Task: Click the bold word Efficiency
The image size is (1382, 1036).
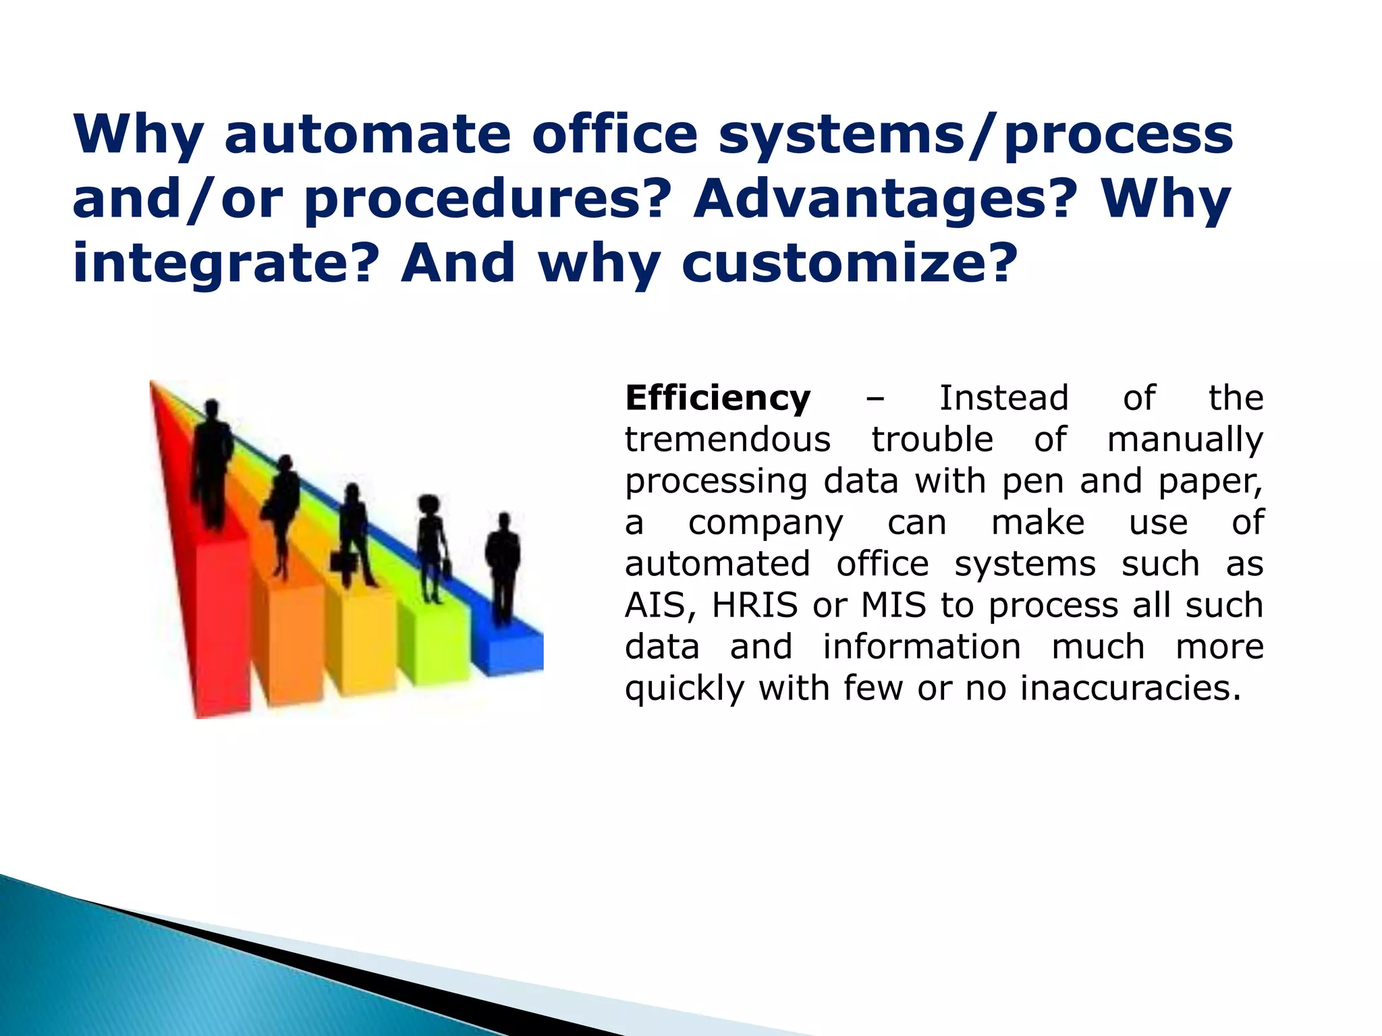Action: (x=717, y=398)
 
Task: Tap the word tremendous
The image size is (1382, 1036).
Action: (x=727, y=440)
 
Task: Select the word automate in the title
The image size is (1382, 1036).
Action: (x=367, y=134)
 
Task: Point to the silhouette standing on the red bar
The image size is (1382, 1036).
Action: (x=212, y=465)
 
